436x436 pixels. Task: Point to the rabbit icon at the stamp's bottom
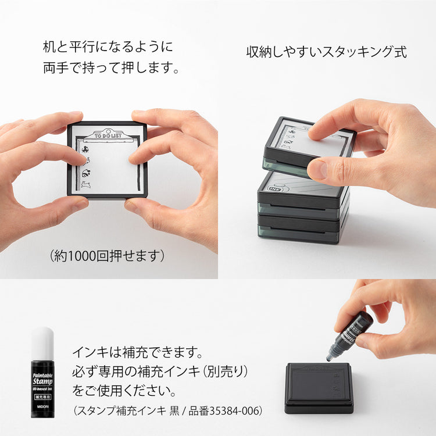pos(87,185)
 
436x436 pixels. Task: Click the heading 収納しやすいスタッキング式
pos(326,52)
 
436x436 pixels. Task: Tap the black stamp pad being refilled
pos(319,387)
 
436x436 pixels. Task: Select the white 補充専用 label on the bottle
pos(42,401)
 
